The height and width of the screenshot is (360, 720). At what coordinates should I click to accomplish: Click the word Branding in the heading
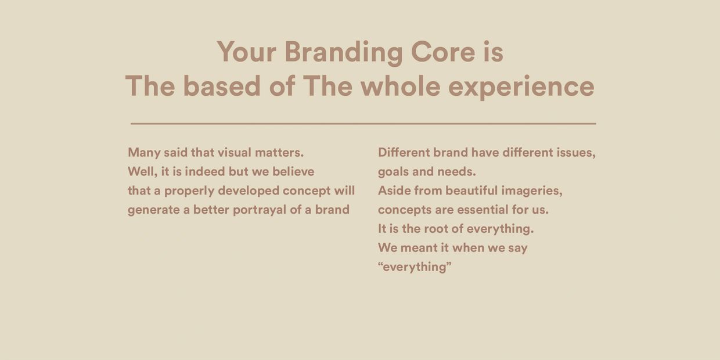pyautogui.click(x=344, y=53)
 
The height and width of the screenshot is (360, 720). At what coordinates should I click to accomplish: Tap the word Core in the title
pyautogui.click(x=443, y=52)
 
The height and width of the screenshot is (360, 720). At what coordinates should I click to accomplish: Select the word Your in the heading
pyautogui.click(x=247, y=52)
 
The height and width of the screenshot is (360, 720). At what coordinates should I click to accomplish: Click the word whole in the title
pyautogui.click(x=401, y=86)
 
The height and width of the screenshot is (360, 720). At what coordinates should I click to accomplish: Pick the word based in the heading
pyautogui.click(x=222, y=86)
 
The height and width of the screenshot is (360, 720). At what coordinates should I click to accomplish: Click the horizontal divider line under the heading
pyautogui.click(x=363, y=124)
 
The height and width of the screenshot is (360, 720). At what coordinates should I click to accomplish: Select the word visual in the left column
pyautogui.click(x=234, y=152)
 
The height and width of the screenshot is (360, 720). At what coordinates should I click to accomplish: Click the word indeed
pyautogui.click(x=205, y=171)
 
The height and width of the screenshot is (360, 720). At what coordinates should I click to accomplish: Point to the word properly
pyautogui.click(x=189, y=191)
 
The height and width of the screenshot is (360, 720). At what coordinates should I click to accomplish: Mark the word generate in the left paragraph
pyautogui.click(x=154, y=210)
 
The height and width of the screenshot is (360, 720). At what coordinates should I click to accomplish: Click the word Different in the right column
pyautogui.click(x=404, y=152)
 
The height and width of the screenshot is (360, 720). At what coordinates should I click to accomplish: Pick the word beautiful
pyautogui.click(x=472, y=190)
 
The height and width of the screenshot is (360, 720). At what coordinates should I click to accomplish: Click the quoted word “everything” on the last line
pyautogui.click(x=415, y=267)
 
